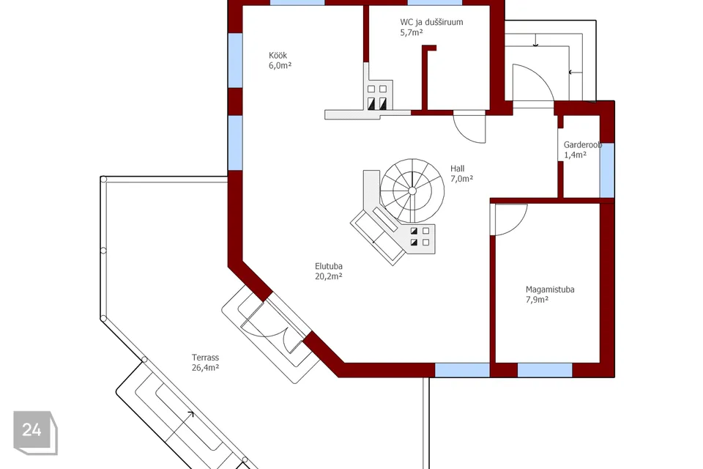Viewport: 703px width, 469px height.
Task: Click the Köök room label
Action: click(278, 56)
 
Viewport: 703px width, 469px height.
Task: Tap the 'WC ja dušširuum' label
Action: click(431, 22)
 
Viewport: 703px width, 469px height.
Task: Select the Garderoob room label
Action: click(582, 145)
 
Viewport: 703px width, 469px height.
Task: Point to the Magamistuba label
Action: click(550, 289)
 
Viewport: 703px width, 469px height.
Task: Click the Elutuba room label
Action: click(329, 266)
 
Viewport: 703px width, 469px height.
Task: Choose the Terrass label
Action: click(205, 358)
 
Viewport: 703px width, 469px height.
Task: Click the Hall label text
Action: click(457, 169)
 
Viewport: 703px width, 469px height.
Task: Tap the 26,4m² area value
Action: click(205, 368)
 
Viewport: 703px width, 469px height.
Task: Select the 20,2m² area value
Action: click(328, 276)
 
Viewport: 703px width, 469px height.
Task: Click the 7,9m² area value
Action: click(537, 299)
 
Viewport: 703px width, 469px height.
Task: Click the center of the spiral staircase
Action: click(412, 191)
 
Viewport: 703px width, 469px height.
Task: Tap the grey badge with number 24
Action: click(35, 432)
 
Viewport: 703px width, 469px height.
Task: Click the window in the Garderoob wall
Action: click(607, 170)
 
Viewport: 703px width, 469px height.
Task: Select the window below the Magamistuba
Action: click(545, 370)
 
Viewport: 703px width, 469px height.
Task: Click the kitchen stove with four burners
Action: click(377, 96)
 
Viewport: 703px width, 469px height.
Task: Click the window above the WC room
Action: click(434, 3)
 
